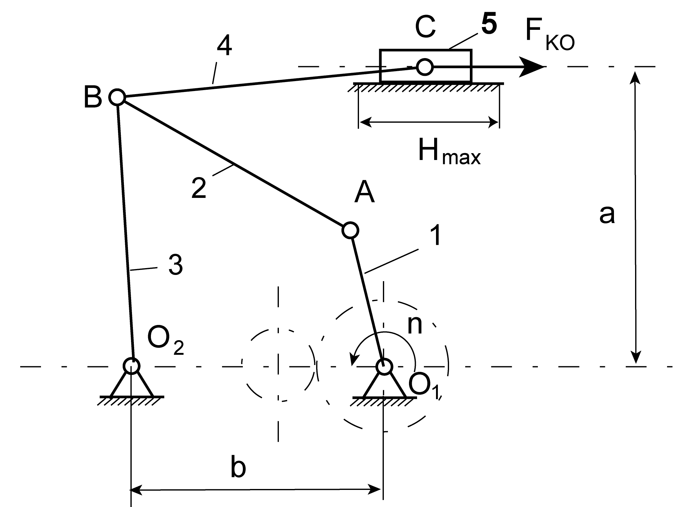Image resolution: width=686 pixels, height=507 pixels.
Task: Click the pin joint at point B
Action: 117,97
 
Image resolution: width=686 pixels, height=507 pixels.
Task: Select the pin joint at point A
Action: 350,230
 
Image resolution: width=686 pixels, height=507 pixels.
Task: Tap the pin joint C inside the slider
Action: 424,66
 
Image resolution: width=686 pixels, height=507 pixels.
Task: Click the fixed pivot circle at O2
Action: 132,366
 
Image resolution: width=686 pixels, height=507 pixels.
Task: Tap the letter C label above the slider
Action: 425,28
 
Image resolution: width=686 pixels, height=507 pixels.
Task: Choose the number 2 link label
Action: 199,188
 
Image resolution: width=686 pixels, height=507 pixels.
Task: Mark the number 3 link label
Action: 176,265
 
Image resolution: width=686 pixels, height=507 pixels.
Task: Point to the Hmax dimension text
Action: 449,152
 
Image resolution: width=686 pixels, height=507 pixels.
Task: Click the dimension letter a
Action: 607,214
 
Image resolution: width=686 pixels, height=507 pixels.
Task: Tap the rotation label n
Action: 415,325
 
